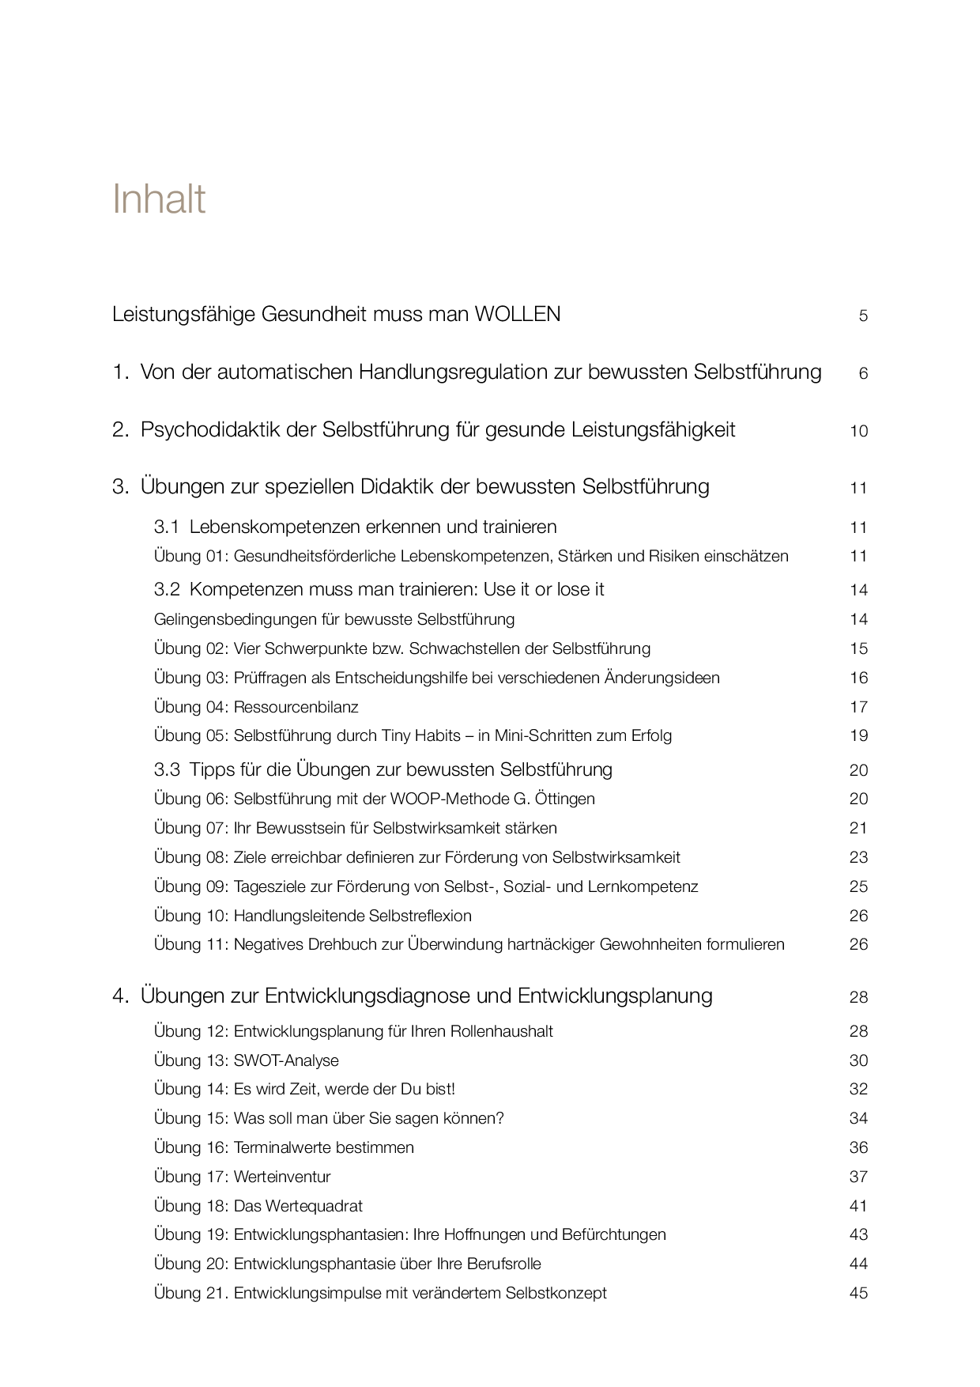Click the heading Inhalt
[159, 198]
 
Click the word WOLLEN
[517, 315]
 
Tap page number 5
[863, 316]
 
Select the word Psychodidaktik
[228, 430]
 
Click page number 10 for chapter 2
[858, 431]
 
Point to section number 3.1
[167, 527]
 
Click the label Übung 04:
[190, 707]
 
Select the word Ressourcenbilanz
[296, 707]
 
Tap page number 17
[858, 707]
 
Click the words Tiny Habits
[421, 736]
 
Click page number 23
[858, 857]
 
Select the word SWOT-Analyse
[286, 1060]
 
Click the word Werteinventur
[282, 1177]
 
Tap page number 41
[858, 1206]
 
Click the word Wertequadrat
[315, 1206]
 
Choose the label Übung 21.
[191, 1293]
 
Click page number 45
[858, 1293]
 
